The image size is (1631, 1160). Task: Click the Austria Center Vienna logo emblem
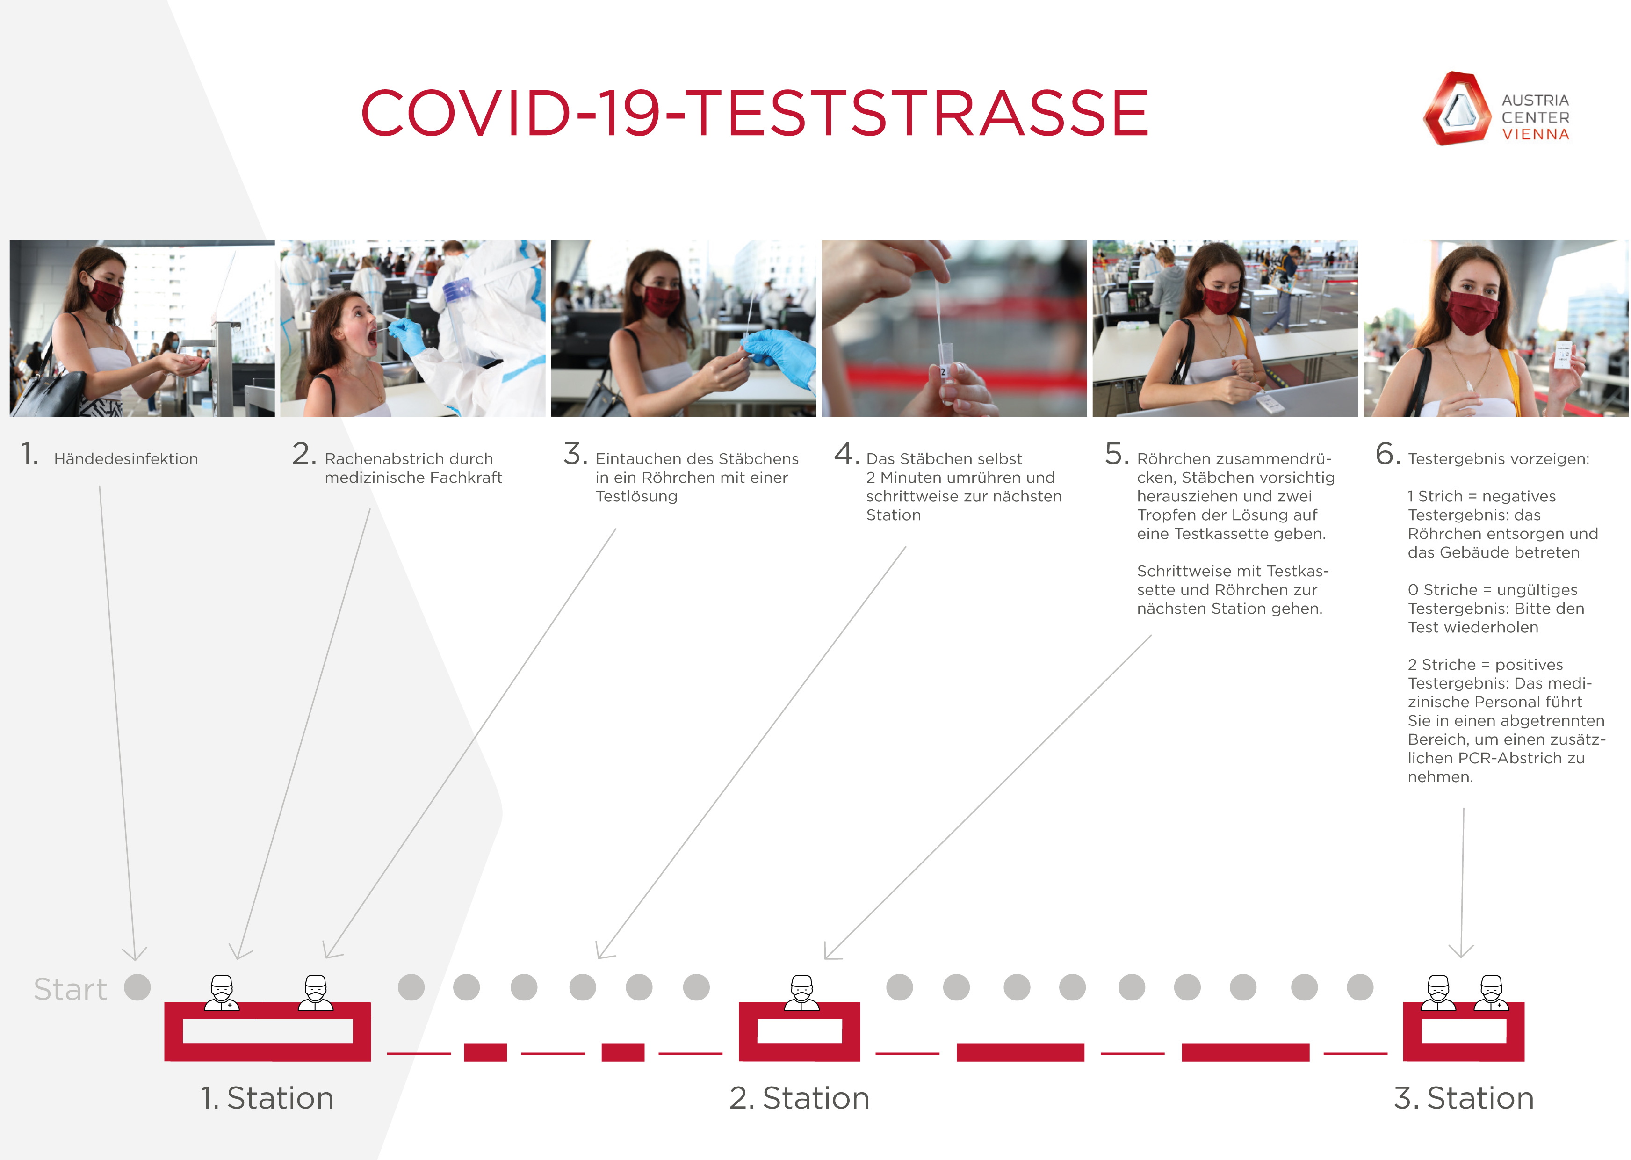1457,109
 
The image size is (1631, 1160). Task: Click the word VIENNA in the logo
1535,134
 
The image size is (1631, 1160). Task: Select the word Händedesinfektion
126,458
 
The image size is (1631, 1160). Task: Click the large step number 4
846,454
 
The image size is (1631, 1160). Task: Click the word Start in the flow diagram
70,989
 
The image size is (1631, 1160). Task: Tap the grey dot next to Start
137,987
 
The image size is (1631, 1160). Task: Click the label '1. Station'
267,1098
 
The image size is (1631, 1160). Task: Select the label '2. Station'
799,1098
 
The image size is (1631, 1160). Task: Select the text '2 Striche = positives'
1485,664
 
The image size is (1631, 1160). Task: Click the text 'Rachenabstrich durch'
409,458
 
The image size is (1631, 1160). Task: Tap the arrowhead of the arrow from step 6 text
1461,951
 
